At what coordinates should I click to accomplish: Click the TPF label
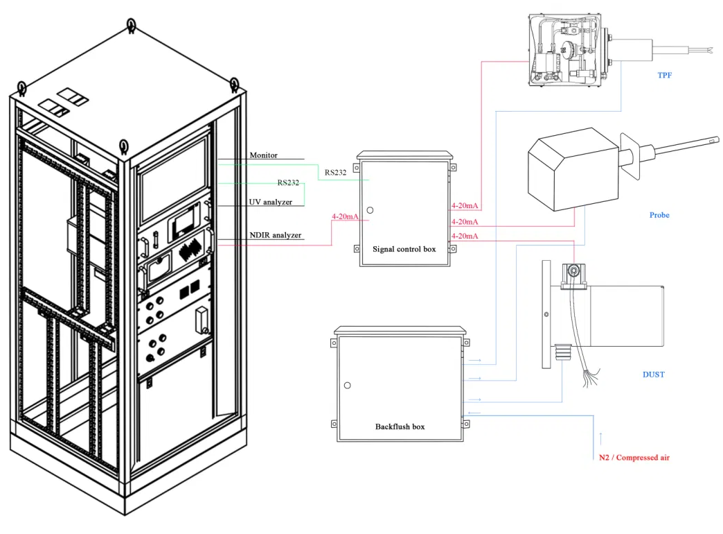tap(664, 75)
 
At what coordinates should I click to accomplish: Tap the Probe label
tap(659, 215)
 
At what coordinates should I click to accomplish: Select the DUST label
tap(653, 374)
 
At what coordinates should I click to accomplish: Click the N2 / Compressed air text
tap(634, 458)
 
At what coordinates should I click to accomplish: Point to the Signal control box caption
tap(404, 249)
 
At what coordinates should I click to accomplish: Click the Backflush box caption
tap(400, 427)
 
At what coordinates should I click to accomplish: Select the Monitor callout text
tap(263, 155)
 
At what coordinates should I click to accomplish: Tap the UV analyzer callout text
tap(270, 202)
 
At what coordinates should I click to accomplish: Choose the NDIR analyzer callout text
tap(275, 235)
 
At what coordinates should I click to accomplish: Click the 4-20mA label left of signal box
tap(346, 217)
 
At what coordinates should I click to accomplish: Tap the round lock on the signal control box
tap(370, 209)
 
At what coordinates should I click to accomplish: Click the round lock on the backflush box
tap(347, 385)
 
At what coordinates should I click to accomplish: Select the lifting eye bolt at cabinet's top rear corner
tap(132, 26)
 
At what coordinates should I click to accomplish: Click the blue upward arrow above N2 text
tap(600, 437)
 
